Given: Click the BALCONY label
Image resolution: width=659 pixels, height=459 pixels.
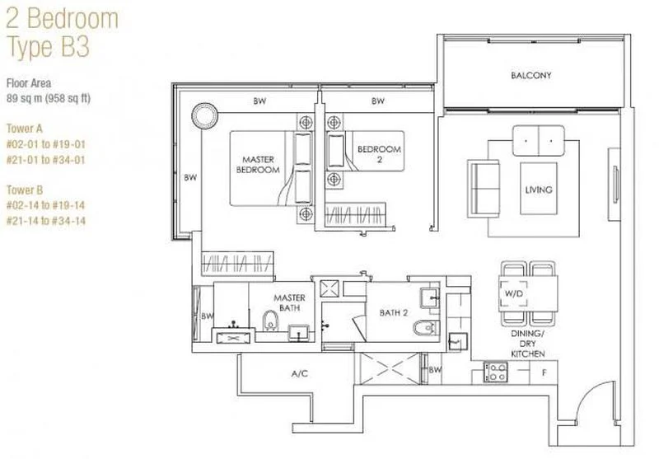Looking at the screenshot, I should tap(530, 76).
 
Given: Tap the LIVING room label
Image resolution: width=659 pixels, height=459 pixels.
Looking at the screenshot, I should tap(538, 190).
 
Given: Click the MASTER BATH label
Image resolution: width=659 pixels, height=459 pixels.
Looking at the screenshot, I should tap(289, 302).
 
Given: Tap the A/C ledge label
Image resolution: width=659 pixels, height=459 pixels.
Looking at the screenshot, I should tap(299, 373).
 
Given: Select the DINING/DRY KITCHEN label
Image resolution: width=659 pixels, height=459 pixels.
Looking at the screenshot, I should tap(527, 344).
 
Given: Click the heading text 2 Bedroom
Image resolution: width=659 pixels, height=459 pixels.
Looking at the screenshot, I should tap(63, 19).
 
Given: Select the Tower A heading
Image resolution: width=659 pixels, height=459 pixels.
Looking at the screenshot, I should tap(24, 129).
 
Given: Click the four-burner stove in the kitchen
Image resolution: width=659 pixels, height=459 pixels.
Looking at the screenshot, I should tap(497, 372).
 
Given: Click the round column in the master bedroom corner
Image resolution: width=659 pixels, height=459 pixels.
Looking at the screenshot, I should tap(203, 113).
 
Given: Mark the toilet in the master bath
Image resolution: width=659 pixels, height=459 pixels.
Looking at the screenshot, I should tap(269, 320).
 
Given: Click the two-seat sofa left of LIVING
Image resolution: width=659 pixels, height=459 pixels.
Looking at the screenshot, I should tap(483, 185).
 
